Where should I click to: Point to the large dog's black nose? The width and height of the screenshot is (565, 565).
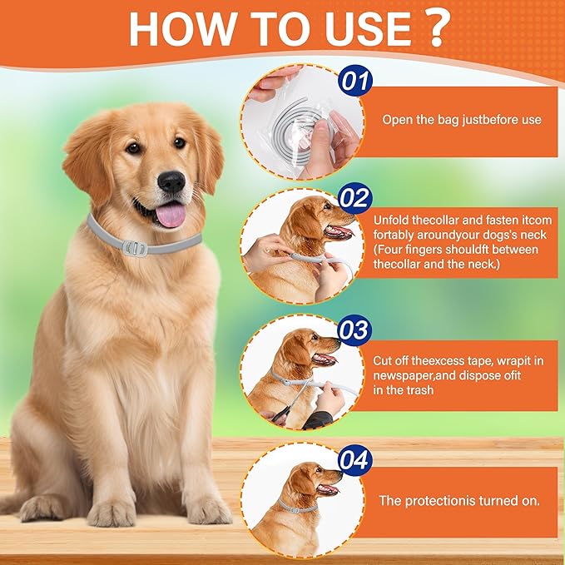(171, 181)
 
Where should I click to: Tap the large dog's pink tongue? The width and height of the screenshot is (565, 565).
(171, 214)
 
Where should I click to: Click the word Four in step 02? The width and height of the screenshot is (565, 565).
(395, 249)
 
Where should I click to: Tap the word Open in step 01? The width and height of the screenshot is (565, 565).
(397, 120)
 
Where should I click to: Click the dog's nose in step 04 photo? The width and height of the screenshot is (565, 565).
(337, 473)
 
